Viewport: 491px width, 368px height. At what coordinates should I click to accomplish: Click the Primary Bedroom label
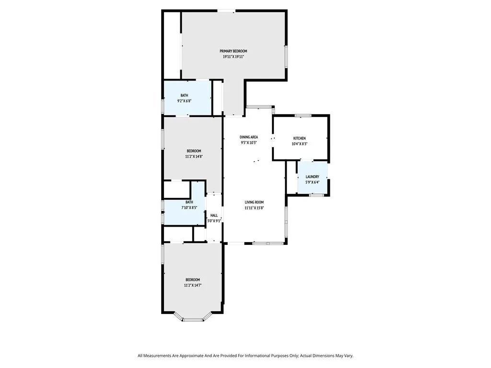tap(234, 51)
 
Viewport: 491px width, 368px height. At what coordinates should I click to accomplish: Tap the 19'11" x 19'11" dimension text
tap(234, 57)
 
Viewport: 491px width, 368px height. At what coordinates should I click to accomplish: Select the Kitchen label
tap(300, 138)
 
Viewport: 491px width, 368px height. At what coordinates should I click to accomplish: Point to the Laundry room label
tap(312, 177)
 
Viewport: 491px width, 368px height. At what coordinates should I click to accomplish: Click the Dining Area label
tap(249, 137)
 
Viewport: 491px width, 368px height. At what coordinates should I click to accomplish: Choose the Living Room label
tap(254, 202)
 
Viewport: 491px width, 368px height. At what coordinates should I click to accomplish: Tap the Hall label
tap(214, 216)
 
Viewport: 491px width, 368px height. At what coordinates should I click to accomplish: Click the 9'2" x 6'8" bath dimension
tap(184, 101)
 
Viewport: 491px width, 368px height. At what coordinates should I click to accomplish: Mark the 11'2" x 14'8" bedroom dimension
tap(194, 156)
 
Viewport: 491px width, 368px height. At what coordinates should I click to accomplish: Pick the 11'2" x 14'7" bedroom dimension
tap(192, 285)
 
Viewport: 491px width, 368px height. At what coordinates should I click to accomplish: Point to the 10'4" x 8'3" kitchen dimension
tap(300, 144)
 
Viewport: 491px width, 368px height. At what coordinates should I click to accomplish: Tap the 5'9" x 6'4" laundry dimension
tap(312, 182)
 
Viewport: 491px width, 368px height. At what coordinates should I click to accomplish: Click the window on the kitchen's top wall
tap(303, 115)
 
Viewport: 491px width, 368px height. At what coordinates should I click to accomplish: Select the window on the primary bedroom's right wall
tap(286, 56)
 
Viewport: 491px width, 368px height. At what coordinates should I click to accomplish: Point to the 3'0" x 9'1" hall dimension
tap(214, 221)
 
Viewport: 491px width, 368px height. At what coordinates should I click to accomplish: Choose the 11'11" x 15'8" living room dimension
tap(254, 208)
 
